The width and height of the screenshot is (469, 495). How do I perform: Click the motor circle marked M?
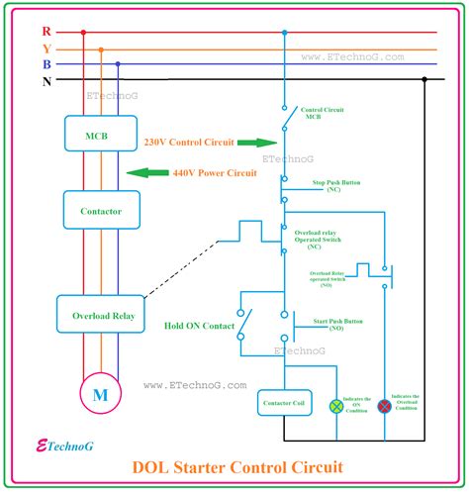pyautogui.click(x=99, y=395)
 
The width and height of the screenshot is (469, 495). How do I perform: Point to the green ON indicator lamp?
pyautogui.click(x=335, y=406)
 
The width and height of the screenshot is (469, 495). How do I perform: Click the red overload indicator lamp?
pyautogui.click(x=384, y=406)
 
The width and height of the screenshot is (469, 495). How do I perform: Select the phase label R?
pyautogui.click(x=47, y=32)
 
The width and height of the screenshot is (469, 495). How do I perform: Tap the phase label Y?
pyautogui.click(x=47, y=49)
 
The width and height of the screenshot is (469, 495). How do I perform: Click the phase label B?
pyautogui.click(x=47, y=64)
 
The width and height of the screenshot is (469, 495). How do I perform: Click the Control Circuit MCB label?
pyautogui.click(x=325, y=112)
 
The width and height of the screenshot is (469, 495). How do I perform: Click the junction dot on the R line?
pyautogui.click(x=284, y=32)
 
